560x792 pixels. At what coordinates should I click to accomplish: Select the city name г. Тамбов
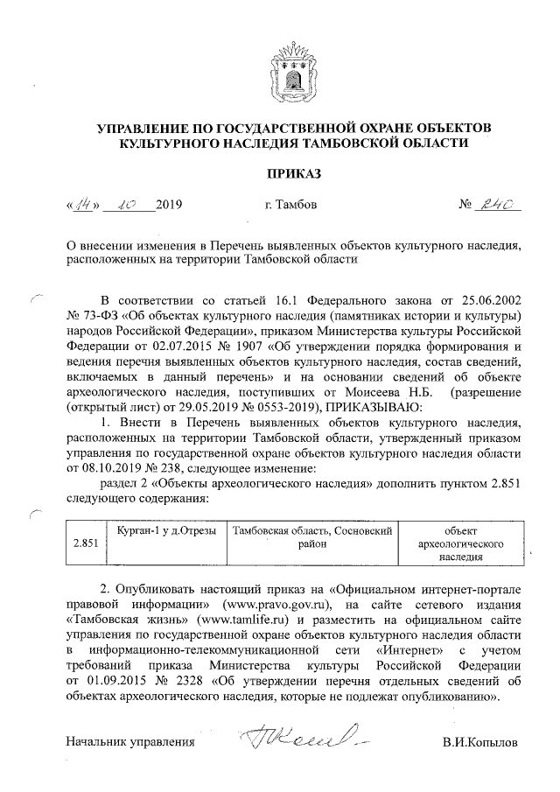[x=290, y=207]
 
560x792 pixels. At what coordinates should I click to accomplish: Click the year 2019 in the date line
[x=168, y=207]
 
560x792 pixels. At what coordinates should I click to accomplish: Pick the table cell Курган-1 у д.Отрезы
[x=161, y=531]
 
